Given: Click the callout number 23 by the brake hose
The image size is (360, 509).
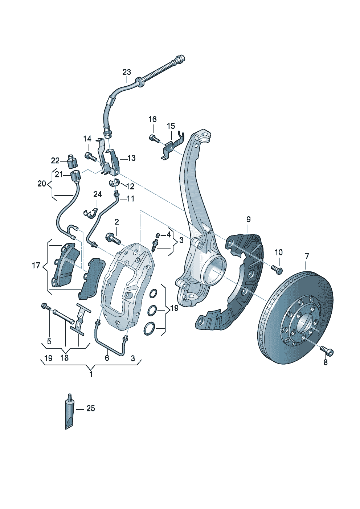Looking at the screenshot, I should pos(126,72).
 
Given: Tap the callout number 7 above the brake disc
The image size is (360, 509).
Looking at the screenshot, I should pos(307,256).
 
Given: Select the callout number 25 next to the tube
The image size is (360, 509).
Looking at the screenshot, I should pos(91,409).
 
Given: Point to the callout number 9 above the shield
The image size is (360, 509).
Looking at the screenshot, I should pos(248,219).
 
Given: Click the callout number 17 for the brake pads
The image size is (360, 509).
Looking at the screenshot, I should pos(36,266).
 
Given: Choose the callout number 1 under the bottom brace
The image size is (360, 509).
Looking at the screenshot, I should pos(91,374).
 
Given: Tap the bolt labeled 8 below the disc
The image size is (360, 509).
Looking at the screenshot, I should pos(327,351).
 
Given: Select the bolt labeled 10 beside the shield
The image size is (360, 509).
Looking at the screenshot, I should pos(277,269).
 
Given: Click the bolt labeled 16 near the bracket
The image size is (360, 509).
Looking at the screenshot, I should pos(154,138).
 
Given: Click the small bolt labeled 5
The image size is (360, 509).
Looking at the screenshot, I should pos(46,307).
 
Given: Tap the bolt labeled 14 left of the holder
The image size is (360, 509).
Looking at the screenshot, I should pos(90,157).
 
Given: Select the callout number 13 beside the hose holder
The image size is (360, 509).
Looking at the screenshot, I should pos(131,158).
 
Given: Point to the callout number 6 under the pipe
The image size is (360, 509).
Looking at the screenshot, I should pos(107,358).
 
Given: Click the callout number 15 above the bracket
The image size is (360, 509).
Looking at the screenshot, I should pos(171,126).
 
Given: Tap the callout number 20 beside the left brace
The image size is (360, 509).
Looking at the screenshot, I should pos(42,184).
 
